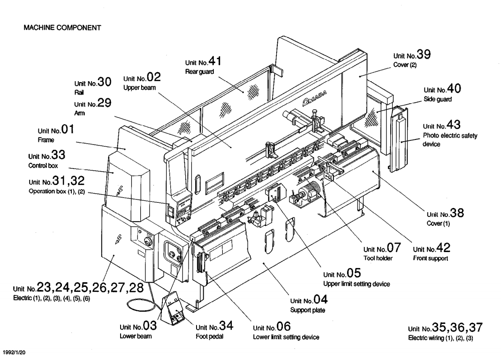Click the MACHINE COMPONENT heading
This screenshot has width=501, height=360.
pos(62,28)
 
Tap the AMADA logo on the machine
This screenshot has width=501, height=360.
pos(315,98)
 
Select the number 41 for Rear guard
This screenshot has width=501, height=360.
pos(215,61)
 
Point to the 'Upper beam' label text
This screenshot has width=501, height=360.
pos(140,88)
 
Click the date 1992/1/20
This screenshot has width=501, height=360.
pos(14,352)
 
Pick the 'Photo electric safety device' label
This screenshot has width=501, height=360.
pos(450,140)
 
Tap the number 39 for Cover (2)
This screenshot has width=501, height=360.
pos(424,54)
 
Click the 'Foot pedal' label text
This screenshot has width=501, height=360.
pos(210,337)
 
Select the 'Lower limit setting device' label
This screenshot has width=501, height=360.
pos(286,337)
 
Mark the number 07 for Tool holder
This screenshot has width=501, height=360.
pos(394,247)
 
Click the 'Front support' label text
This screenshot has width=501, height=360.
pos(430,258)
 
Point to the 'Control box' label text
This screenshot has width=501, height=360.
pos(43,166)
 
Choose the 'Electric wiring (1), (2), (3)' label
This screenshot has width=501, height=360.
pos(440,338)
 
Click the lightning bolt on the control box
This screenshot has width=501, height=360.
pos(120,191)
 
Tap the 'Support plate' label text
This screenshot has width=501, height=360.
pos(307,310)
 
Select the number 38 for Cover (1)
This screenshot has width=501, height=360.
pos(457,213)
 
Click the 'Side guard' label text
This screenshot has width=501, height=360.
pos(438,99)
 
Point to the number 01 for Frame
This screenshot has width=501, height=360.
pos(68,129)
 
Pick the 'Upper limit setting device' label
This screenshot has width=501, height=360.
pos(357,284)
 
